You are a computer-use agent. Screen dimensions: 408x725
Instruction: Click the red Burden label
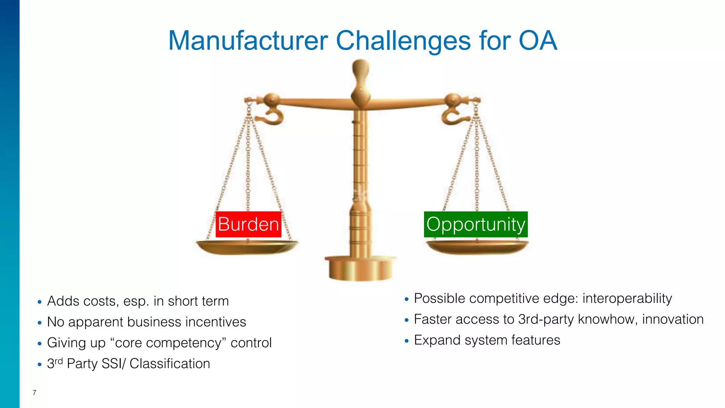[x=249, y=225]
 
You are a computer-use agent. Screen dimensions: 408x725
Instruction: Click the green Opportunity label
[x=476, y=225]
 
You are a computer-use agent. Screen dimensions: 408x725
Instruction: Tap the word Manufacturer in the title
[x=248, y=41]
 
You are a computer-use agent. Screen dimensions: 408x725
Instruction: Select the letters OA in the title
[x=538, y=41]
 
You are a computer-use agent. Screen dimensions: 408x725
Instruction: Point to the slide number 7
[x=34, y=392]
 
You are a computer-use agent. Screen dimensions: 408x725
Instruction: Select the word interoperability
[x=627, y=299]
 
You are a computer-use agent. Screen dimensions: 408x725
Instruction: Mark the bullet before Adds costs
[x=40, y=302]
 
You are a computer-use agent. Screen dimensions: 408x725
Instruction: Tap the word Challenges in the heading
[x=403, y=41]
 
